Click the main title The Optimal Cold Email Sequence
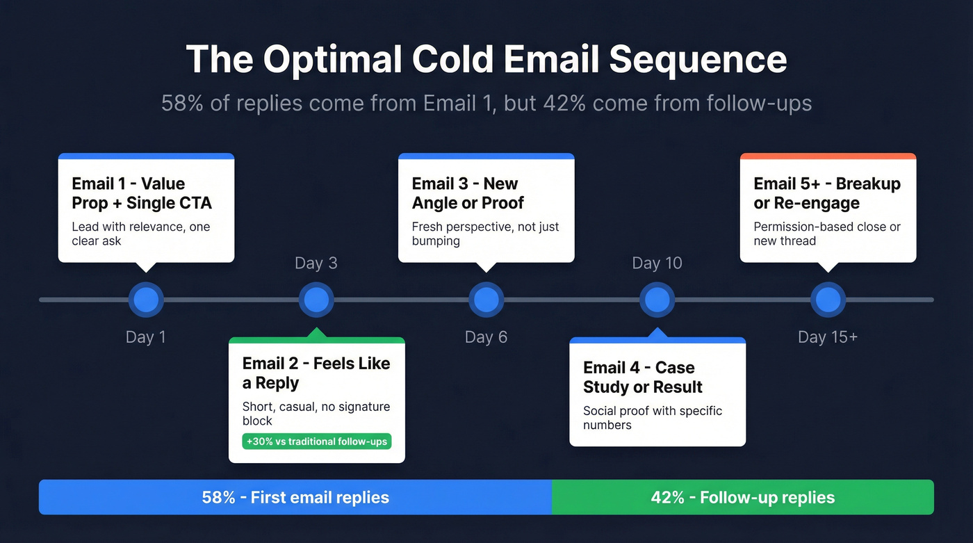[486, 60]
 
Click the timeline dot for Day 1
[146, 300]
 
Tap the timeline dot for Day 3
[316, 300]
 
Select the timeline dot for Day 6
[486, 300]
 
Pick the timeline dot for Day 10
[657, 300]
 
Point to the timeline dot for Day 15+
[828, 300]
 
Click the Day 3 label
[316, 263]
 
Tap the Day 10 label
[657, 263]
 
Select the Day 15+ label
[827, 337]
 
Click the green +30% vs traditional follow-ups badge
[316, 441]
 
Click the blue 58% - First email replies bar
[295, 498]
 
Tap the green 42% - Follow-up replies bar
[742, 498]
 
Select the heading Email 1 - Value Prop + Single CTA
[142, 193]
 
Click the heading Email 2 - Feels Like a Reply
[316, 373]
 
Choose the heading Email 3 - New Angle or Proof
[468, 193]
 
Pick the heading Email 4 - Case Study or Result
[643, 378]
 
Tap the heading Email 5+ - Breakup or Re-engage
[827, 193]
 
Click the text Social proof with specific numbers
[652, 418]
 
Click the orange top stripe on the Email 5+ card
[828, 156]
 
